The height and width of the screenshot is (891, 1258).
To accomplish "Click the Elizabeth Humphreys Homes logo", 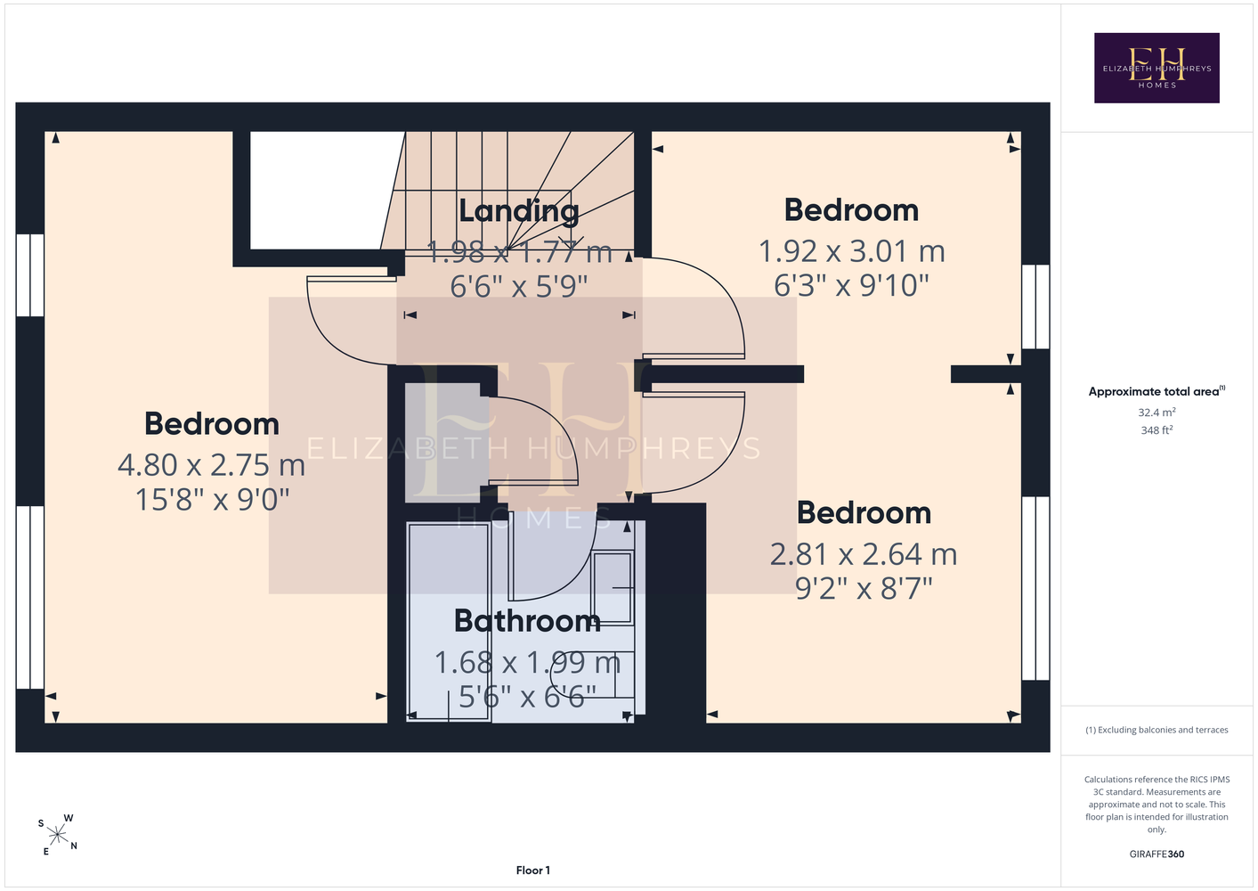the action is pyautogui.click(x=1157, y=68).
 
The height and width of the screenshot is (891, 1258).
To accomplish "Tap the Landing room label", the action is pyautogui.click(x=519, y=211).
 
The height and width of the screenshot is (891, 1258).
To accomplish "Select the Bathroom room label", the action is pyautogui.click(x=527, y=621).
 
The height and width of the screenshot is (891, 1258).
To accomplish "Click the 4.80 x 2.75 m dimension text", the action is pyautogui.click(x=211, y=465).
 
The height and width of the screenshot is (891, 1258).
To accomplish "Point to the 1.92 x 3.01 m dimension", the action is pyautogui.click(x=851, y=251).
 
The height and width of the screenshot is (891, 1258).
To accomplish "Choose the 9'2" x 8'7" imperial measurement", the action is pyautogui.click(x=864, y=589).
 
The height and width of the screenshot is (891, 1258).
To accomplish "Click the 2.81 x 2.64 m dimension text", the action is pyautogui.click(x=864, y=554).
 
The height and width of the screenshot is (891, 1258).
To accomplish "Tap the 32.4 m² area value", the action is pyautogui.click(x=1157, y=412).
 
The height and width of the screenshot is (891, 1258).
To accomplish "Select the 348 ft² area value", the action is pyautogui.click(x=1157, y=430).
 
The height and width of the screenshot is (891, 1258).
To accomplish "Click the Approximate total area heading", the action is pyautogui.click(x=1157, y=391).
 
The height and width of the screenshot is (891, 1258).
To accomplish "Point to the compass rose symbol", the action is pyautogui.click(x=58, y=835).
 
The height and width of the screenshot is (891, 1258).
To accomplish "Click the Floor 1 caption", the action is pyautogui.click(x=533, y=871).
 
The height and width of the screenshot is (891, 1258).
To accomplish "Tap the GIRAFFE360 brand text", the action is pyautogui.click(x=1157, y=854).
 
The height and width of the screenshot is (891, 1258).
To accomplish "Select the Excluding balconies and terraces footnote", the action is pyautogui.click(x=1157, y=730).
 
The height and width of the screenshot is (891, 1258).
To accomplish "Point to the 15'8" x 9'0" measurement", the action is pyautogui.click(x=212, y=499).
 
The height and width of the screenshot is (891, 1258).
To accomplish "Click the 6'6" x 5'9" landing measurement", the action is pyautogui.click(x=518, y=286).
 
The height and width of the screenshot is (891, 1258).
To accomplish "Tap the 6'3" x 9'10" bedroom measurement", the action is pyautogui.click(x=851, y=286).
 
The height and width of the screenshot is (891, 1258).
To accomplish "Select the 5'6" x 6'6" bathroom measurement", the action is pyautogui.click(x=527, y=697).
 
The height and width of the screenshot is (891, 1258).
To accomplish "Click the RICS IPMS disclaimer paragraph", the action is pyautogui.click(x=1157, y=804).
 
